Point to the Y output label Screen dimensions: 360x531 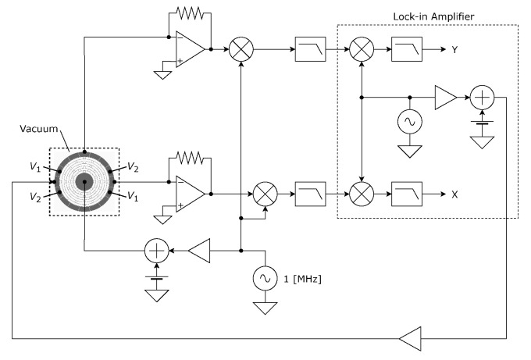click(x=454, y=50)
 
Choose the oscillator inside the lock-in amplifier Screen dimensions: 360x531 click(x=408, y=121)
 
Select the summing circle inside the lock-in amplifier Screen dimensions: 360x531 click(x=483, y=98)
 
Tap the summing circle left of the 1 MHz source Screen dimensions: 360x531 click(x=157, y=251)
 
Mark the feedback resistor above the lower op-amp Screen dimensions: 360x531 click(x=188, y=158)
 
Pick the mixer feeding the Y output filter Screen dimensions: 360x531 click(x=362, y=50)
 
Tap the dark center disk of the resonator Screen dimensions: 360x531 click(x=84, y=182)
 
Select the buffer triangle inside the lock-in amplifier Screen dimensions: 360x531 click(x=445, y=98)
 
